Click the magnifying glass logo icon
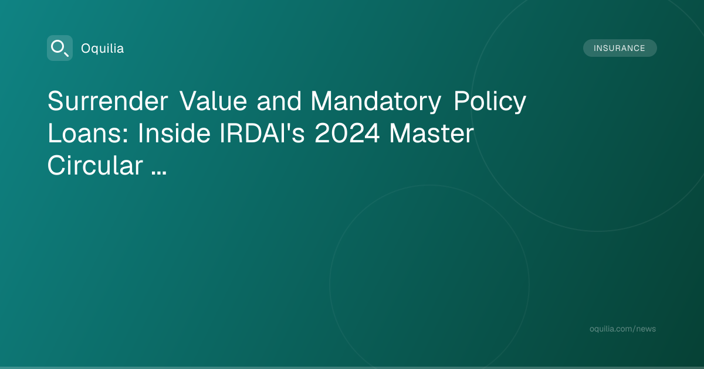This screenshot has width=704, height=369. [60, 48]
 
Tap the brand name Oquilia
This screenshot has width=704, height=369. [103, 49]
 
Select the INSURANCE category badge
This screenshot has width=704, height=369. [620, 48]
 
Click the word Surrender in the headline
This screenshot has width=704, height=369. [108, 101]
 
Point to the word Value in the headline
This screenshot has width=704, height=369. [213, 101]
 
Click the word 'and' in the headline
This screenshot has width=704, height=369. [279, 101]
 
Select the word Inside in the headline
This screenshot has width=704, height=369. [174, 134]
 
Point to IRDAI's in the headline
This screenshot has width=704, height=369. [262, 134]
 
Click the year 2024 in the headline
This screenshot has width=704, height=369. [347, 134]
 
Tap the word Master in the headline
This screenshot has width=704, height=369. [432, 134]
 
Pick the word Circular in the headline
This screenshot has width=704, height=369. [95, 165]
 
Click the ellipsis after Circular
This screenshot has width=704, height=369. [159, 172]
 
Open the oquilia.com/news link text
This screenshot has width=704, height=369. [622, 329]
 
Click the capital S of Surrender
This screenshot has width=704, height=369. [56, 101]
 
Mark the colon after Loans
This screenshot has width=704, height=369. [126, 137]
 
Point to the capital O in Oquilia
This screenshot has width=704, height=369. [86, 49]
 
